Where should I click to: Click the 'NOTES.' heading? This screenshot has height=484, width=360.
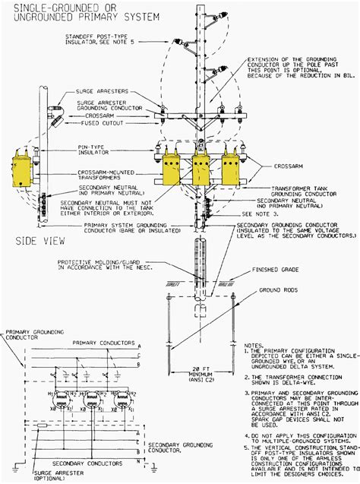click(254, 343)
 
